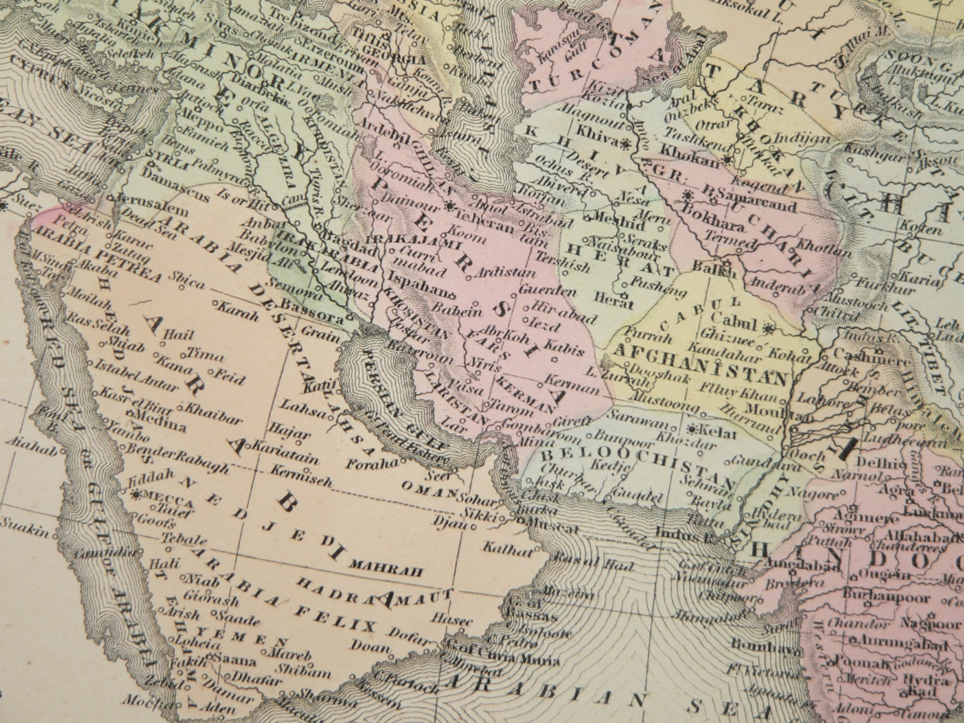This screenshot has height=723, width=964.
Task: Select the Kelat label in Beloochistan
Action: (x=718, y=432)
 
